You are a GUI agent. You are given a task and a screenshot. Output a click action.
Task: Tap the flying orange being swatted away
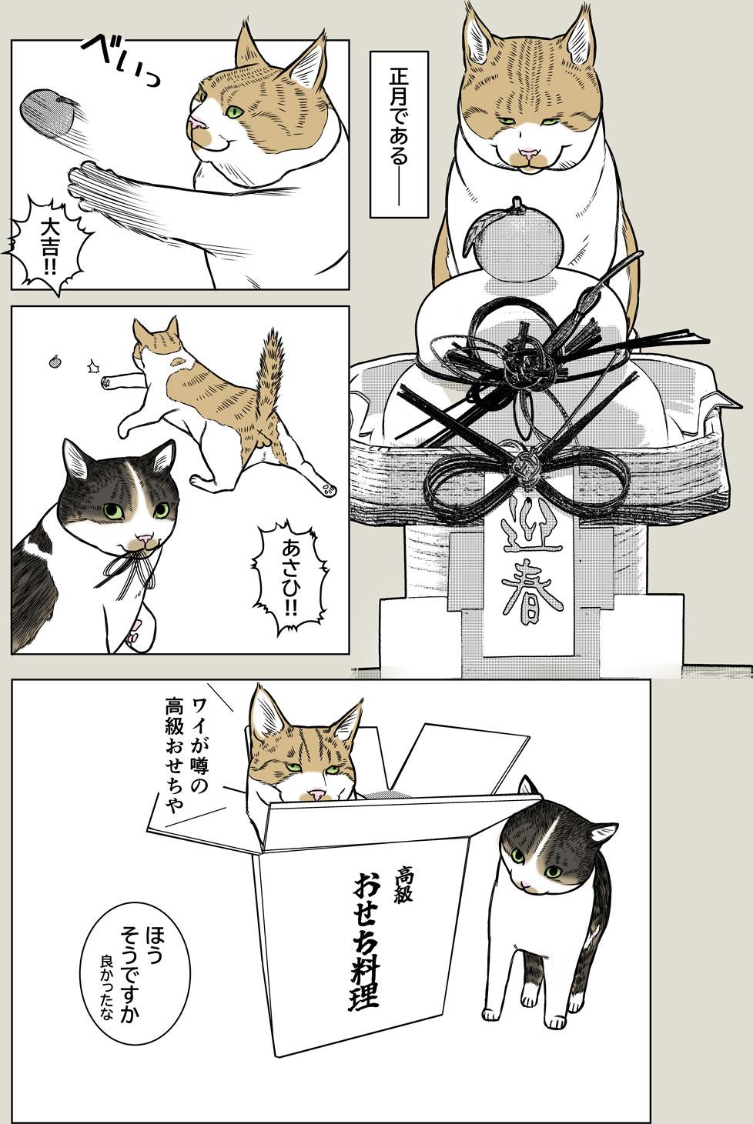click(48, 114)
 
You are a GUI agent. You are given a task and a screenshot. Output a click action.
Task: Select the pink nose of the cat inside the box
click(313, 793)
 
